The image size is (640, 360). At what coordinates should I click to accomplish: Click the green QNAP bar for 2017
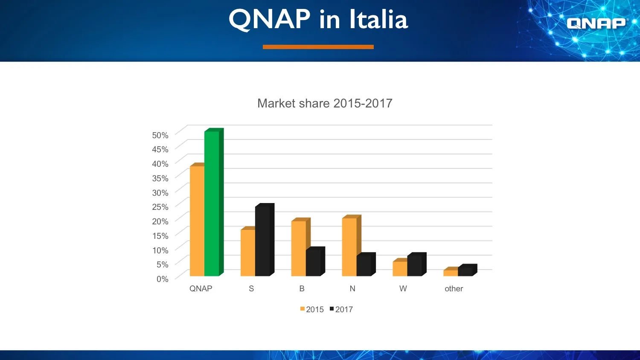point(212,203)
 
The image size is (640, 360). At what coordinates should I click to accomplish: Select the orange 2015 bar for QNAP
point(197,221)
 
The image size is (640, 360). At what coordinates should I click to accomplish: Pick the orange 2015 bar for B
point(299,248)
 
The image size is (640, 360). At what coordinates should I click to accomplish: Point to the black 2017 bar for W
point(415,267)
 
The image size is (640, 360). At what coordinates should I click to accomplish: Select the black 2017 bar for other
point(465,272)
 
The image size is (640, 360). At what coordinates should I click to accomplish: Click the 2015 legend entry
point(312,309)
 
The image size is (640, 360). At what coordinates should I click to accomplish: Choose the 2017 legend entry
point(341,309)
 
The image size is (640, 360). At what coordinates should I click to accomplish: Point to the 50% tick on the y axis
point(160,135)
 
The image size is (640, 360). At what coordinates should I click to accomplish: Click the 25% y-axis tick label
point(160,207)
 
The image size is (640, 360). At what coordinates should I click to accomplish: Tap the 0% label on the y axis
point(162,279)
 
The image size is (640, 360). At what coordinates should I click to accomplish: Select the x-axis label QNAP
point(201,289)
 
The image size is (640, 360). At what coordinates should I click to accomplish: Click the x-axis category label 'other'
point(454,289)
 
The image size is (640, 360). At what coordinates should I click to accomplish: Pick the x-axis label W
point(403,289)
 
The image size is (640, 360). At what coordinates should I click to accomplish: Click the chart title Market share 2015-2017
point(325,103)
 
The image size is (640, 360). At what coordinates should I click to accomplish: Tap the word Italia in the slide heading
point(378,20)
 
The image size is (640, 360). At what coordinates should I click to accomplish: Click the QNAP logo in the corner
point(596,23)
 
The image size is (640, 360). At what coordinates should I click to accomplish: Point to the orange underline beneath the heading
point(318,47)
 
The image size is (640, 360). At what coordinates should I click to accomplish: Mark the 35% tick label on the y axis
point(160,178)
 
